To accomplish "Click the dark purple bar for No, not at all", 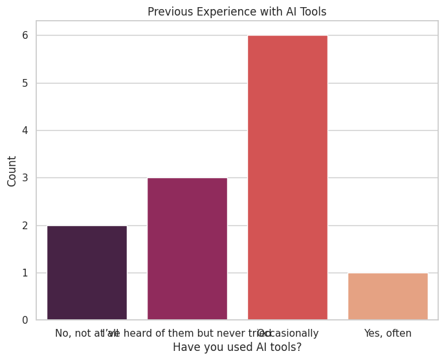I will point(87,273).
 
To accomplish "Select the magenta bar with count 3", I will point(187,249).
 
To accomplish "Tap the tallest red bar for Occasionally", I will point(287,177).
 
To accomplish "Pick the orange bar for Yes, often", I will point(388,297).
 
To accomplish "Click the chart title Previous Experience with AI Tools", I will point(237,12).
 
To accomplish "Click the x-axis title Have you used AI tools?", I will point(237,347).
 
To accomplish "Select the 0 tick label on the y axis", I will point(25,321).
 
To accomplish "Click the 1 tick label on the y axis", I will point(25,273).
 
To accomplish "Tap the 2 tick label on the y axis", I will point(25,225).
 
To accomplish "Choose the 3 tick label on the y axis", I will point(25,178).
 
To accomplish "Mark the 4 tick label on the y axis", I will point(25,131).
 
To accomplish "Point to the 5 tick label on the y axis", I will point(25,83).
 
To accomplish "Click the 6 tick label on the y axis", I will point(25,36).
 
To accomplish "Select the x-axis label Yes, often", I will point(388,333).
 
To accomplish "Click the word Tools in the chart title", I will point(312,12).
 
